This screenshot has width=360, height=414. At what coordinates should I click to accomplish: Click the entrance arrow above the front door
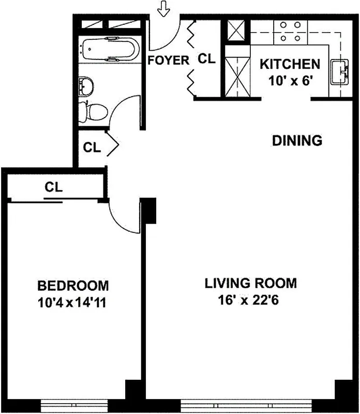coord(164,9)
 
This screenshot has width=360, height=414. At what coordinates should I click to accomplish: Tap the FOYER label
coord(168,60)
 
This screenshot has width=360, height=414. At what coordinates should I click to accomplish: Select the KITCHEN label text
coord(289,65)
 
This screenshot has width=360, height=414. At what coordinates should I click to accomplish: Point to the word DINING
coord(297,140)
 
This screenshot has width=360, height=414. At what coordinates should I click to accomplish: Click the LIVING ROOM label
coord(251,283)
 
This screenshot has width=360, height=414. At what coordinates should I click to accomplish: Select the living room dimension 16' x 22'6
coord(251,300)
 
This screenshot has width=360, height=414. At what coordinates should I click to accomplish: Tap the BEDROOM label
coord(73,285)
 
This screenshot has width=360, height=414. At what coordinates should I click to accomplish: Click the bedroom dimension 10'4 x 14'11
coord(73,302)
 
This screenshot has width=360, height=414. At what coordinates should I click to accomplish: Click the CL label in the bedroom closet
coord(53,188)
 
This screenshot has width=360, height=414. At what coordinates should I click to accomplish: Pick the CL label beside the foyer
coord(206,59)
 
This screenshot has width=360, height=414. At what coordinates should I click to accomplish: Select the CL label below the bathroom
coord(92,147)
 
